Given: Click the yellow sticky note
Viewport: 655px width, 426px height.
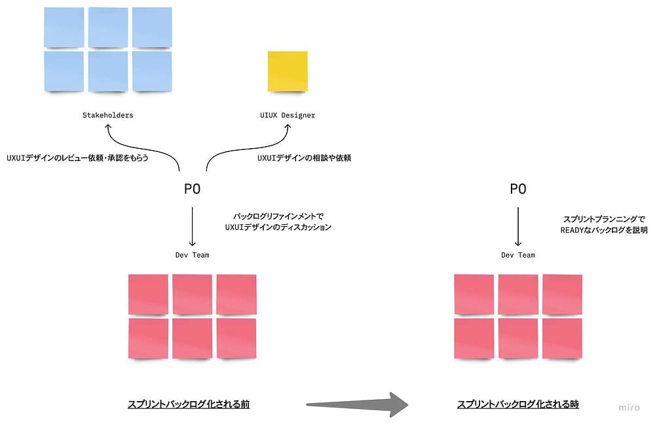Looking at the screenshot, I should (287, 71).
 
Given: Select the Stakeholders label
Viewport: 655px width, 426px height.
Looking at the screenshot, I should (107, 115).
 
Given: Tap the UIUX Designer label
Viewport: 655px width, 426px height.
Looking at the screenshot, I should (287, 115).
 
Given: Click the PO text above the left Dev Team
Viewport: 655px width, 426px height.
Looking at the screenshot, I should (192, 189).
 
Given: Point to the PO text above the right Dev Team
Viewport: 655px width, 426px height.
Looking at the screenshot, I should (518, 189).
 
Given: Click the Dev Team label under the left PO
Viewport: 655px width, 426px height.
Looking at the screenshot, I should (192, 255).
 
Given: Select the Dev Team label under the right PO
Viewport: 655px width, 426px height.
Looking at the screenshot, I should (518, 255).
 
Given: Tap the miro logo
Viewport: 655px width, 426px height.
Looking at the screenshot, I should (629, 408).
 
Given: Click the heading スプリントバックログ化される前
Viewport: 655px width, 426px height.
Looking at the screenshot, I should (189, 404).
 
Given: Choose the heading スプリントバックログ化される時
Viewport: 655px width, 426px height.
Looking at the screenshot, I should (518, 404).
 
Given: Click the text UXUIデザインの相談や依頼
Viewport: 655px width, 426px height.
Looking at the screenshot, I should (304, 158).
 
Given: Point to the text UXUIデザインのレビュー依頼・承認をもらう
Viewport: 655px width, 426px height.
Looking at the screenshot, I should (78, 158).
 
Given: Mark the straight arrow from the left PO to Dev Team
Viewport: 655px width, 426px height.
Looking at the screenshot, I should (192, 226).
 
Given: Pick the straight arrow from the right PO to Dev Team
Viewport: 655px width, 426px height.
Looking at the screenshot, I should (518, 226).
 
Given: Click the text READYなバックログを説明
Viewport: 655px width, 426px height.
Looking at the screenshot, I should (604, 230).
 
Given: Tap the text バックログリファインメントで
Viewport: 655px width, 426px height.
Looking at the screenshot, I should (278, 216).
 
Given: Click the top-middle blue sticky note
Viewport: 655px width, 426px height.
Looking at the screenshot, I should (107, 28).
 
